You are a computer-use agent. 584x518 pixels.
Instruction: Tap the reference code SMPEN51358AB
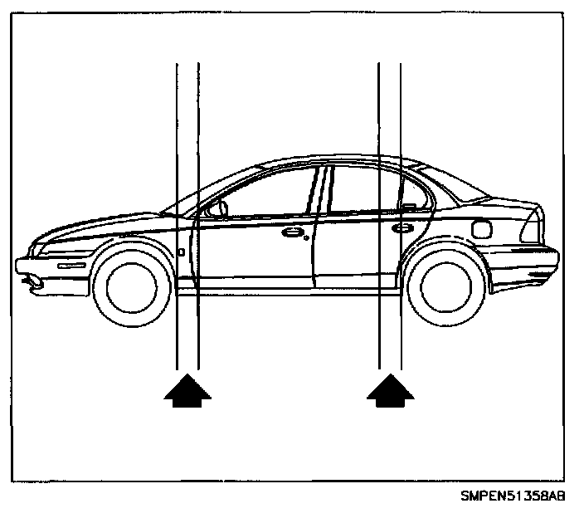click(513, 496)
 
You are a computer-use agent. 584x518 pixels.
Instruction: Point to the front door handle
click(291, 233)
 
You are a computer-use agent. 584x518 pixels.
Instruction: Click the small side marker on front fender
click(181, 251)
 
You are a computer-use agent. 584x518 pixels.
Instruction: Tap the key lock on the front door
click(307, 238)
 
